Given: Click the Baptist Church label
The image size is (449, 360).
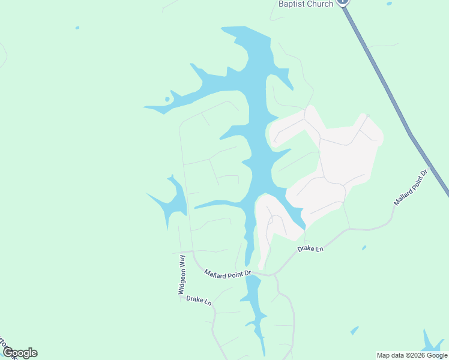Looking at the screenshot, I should [x=306, y=4].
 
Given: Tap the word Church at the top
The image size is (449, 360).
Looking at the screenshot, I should [x=319, y=4].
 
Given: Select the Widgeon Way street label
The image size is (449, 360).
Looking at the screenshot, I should [x=181, y=274].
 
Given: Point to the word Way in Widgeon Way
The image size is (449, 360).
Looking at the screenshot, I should [x=181, y=262].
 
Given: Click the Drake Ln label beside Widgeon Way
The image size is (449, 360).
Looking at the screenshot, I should [x=199, y=301].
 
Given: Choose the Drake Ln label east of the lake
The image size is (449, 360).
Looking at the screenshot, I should [x=310, y=248].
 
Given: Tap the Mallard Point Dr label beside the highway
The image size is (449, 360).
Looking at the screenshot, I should [x=411, y=188].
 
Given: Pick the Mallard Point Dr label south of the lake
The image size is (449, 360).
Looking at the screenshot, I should [x=227, y=274].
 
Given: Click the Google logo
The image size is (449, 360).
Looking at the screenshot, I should [x=20, y=352].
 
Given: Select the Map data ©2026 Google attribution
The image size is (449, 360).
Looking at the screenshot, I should [x=412, y=355].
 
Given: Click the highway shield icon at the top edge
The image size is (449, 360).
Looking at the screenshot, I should [x=343, y=2].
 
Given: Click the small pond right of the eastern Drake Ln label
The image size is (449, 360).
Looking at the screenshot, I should [x=364, y=247].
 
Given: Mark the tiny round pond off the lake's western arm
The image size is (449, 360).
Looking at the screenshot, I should [x=167, y=99].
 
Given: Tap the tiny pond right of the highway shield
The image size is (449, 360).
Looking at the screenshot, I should [x=390, y=4].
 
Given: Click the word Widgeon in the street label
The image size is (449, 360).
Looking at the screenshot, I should [x=181, y=281].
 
